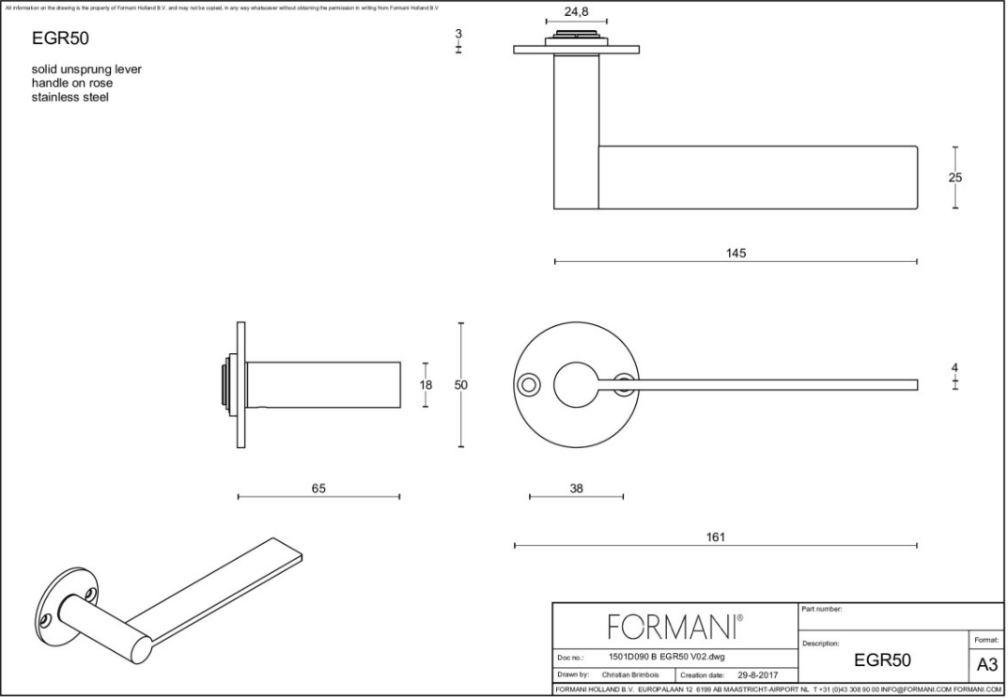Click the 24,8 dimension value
pos(576,12)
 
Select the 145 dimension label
pos(736,254)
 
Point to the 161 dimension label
pos(716,537)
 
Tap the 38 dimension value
pos(577,489)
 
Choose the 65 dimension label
pos(318,489)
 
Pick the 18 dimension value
pos(426,385)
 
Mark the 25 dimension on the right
pos(954,178)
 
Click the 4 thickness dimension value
pos(954,368)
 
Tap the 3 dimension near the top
pos(458,34)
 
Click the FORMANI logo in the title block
pos(675,625)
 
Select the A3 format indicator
pos(986,664)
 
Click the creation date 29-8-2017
pos(755,675)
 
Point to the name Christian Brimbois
pos(629,675)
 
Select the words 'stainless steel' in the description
pos(70,97)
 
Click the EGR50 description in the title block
pos(880,660)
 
